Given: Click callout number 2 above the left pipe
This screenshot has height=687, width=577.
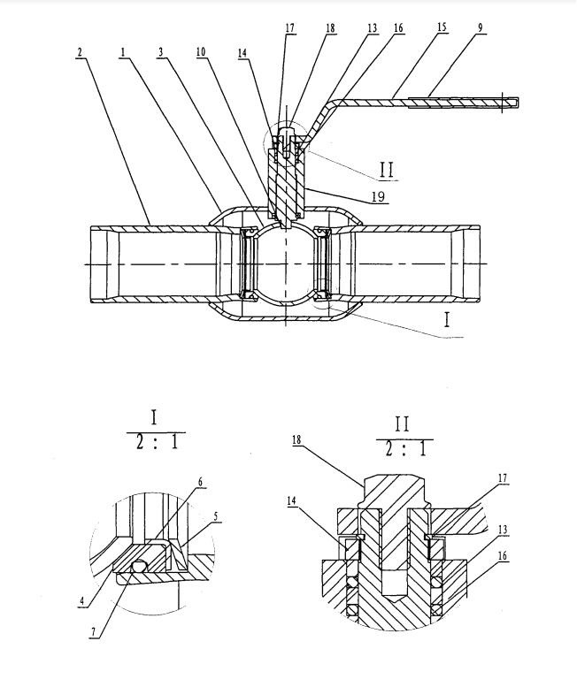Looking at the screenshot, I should [x=81, y=52].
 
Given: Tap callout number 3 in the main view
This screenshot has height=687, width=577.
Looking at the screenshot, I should [x=160, y=52].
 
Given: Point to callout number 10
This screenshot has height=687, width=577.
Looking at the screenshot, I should [x=202, y=52].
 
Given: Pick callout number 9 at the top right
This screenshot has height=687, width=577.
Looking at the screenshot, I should [x=481, y=28].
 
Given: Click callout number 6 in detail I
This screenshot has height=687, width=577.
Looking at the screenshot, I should [x=200, y=482].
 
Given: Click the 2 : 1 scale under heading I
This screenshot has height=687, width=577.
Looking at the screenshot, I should [x=155, y=440].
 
